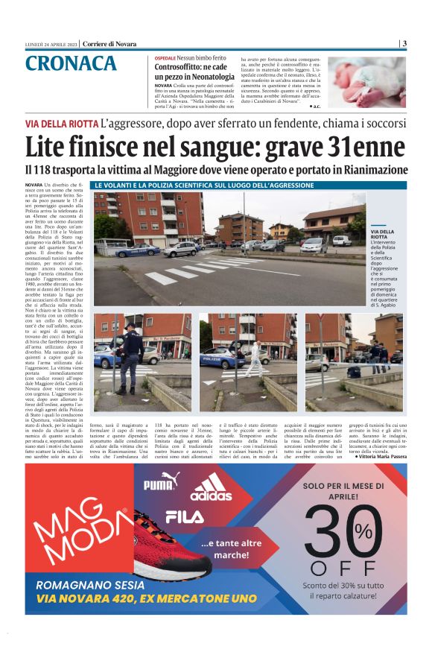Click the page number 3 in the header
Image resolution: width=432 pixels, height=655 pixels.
pyautogui.click(x=404, y=43)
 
